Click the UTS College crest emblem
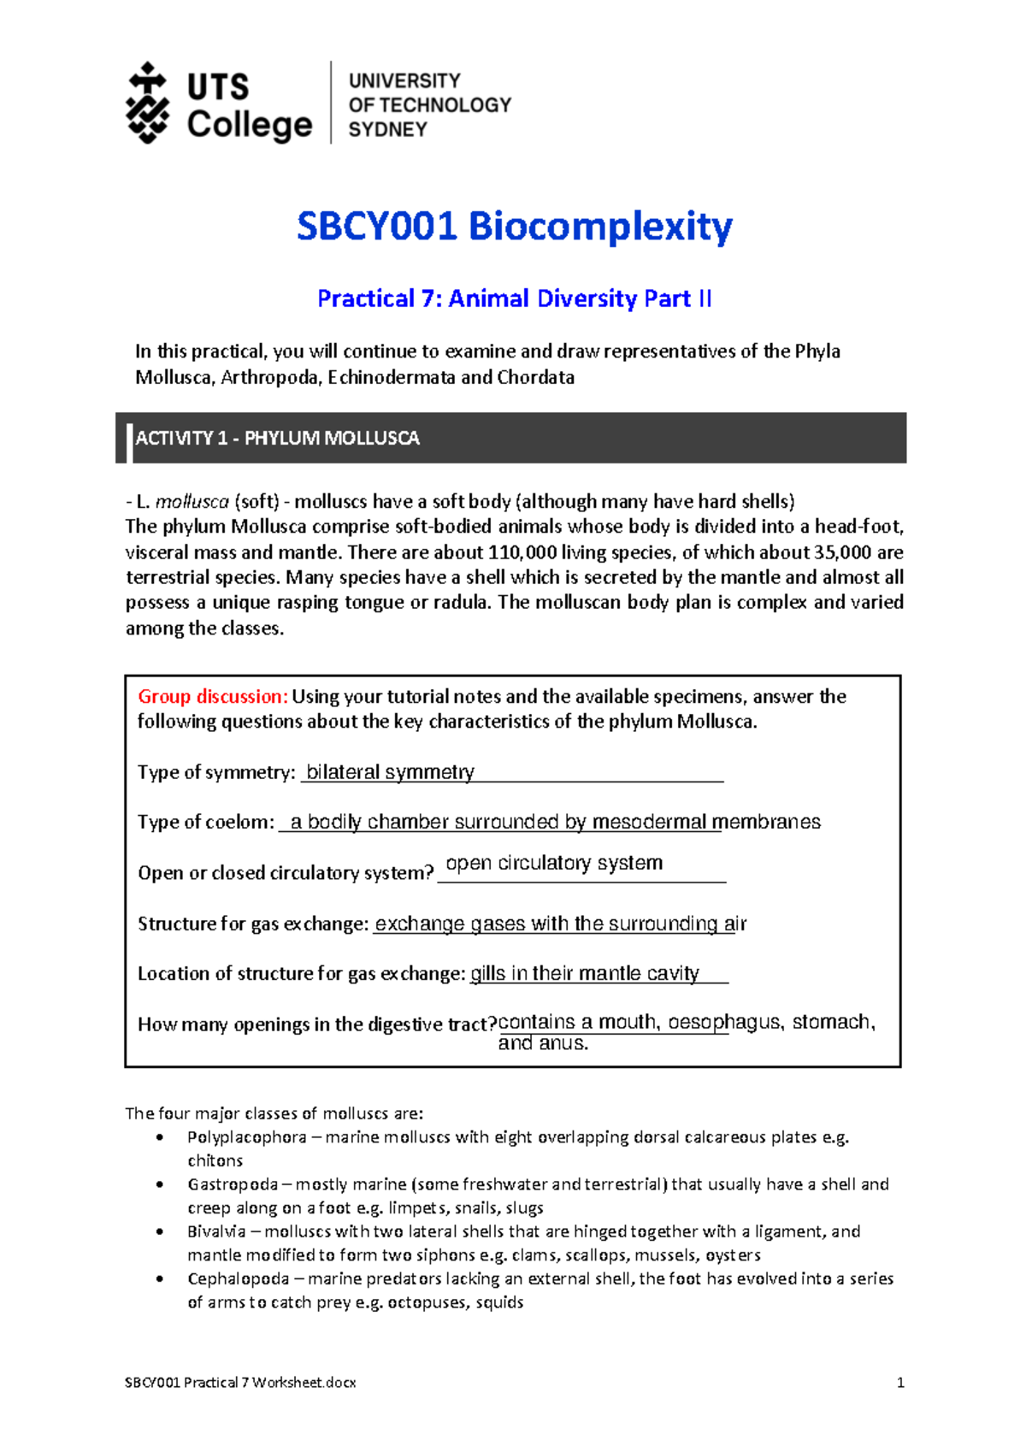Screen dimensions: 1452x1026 [x=148, y=103]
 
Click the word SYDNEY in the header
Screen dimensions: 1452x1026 [x=387, y=130]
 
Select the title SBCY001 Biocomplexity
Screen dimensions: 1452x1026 [x=514, y=227]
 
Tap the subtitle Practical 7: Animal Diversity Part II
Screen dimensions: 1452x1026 [x=514, y=298]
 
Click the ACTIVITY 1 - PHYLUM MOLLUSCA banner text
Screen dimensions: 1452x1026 [x=277, y=439]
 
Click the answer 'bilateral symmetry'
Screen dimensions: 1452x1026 [x=390, y=772]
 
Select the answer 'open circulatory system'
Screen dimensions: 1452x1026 [x=554, y=863]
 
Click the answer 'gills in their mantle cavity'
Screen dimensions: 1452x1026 [x=585, y=973]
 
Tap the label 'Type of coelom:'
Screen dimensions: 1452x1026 [x=206, y=823]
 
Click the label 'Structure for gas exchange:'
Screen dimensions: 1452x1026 [x=253, y=924]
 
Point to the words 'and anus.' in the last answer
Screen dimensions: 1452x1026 [x=543, y=1043]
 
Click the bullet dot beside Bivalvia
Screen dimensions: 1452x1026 [x=159, y=1232]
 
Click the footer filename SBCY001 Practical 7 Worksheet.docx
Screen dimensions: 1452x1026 [x=240, y=1383]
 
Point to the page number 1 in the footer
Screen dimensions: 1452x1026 [x=899, y=1383]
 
